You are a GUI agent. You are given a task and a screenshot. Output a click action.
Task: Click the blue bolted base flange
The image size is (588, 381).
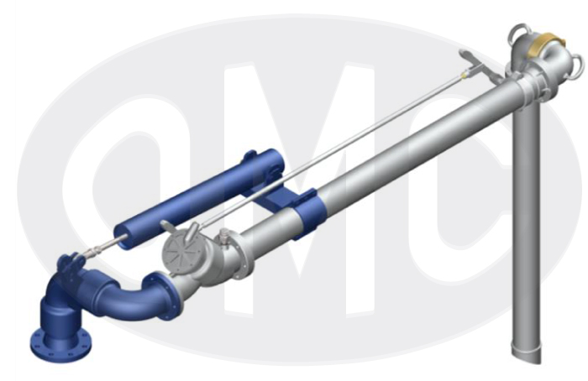60,343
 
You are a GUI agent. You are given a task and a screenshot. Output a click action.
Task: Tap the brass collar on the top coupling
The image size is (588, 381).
547,45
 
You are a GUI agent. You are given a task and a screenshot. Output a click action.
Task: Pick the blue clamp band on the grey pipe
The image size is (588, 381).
305,215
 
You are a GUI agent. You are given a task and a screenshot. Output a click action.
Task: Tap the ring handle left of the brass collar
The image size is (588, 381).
518,31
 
